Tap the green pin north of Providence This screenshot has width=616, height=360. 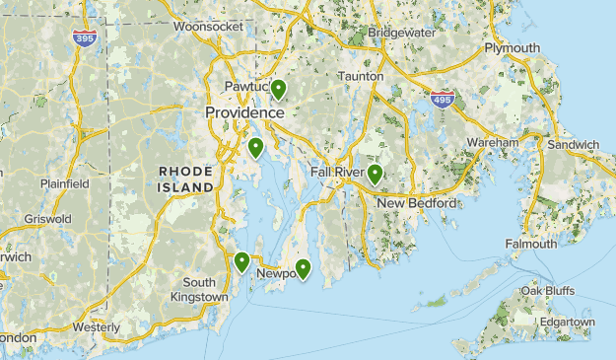(x=279, y=90)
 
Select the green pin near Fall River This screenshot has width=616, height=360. (x=376, y=175)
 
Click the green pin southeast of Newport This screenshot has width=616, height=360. (x=304, y=267)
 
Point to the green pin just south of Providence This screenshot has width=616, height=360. (x=255, y=148)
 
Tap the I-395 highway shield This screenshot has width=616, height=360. (x=85, y=37)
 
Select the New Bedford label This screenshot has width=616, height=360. (x=417, y=203)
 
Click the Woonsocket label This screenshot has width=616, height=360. (x=207, y=27)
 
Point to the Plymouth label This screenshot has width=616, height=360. (x=512, y=48)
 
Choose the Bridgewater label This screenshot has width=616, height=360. (x=401, y=33)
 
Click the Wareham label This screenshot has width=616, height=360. (x=493, y=143)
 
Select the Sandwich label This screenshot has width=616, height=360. (x=573, y=145)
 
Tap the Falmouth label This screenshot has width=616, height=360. (x=531, y=244)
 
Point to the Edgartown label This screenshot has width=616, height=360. (x=567, y=322)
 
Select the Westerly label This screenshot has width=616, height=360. (x=96, y=326)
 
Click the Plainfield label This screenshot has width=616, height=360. (x=65, y=183)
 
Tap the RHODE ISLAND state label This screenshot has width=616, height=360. (x=185, y=179)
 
